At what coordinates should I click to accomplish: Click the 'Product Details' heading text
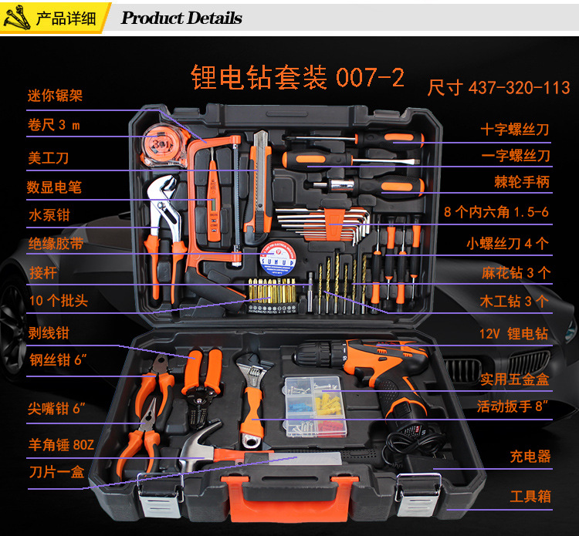tap(181, 18)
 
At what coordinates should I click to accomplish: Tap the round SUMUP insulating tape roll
tap(278, 258)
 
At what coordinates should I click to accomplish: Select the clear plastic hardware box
tap(315, 406)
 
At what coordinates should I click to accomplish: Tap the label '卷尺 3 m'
tap(54, 125)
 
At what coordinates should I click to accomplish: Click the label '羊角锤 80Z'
tap(61, 444)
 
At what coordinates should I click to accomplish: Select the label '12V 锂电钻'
tap(513, 333)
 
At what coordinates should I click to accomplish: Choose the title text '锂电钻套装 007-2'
tap(297, 77)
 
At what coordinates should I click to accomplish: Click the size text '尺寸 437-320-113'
tap(499, 88)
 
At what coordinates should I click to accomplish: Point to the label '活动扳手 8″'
tap(512, 406)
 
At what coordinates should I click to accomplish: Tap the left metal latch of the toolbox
tap(161, 494)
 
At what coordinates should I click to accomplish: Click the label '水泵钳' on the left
tap(49, 214)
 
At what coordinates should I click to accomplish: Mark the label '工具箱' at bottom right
tap(530, 496)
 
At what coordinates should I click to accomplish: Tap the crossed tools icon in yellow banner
tap(17, 17)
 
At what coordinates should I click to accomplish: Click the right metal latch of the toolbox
tap(418, 494)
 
